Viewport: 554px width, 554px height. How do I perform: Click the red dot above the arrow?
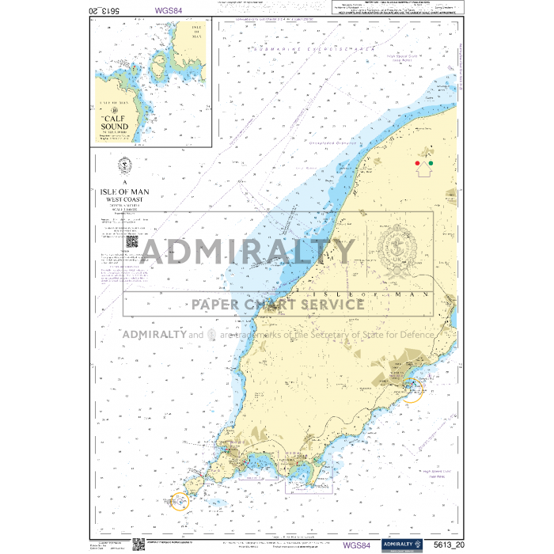[x=418, y=163]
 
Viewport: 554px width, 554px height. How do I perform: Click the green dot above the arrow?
[x=431, y=163]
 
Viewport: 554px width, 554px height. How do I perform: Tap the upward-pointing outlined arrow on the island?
[x=424, y=169]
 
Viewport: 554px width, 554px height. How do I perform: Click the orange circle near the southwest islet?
[x=180, y=501]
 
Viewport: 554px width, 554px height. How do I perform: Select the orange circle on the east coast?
[x=412, y=389]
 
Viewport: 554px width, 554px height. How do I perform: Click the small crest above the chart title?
[x=123, y=167]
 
